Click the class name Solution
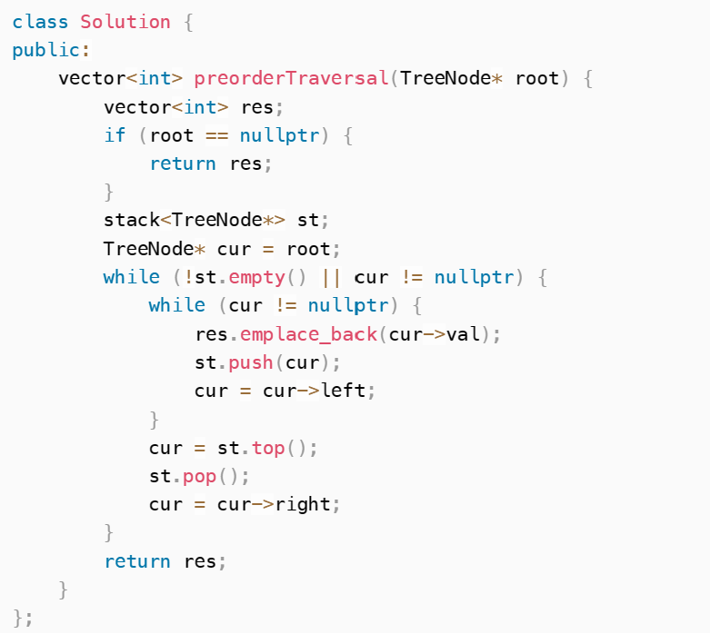[125, 22]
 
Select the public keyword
[46, 50]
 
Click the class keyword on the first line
[40, 22]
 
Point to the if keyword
[115, 135]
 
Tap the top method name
[268, 448]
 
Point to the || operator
[331, 277]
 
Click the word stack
[132, 220]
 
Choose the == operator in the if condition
[217, 135]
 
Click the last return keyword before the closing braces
[137, 561]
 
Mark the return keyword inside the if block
[183, 163]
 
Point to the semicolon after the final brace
[29, 618]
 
